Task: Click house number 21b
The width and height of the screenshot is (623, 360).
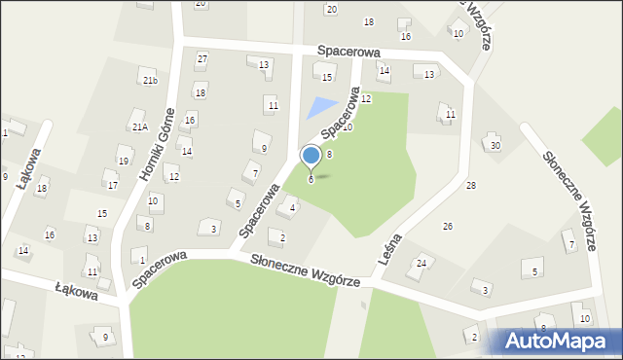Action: (x=149, y=81)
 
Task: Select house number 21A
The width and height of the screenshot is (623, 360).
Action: (x=139, y=126)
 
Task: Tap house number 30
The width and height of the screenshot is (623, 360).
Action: (x=495, y=145)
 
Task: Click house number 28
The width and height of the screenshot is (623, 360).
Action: (x=471, y=185)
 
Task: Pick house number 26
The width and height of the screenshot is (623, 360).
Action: (x=448, y=226)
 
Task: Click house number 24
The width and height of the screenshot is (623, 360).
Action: (x=422, y=263)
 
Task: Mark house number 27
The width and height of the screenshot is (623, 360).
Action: (x=202, y=58)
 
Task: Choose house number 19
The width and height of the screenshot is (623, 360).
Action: (x=123, y=161)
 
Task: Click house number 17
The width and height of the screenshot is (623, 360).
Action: (x=113, y=185)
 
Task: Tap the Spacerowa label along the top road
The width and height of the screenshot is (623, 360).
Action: (x=347, y=50)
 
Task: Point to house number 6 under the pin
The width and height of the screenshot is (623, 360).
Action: (x=311, y=179)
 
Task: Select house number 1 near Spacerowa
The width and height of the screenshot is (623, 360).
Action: (x=142, y=260)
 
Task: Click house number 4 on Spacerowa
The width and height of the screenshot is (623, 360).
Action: (x=293, y=208)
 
